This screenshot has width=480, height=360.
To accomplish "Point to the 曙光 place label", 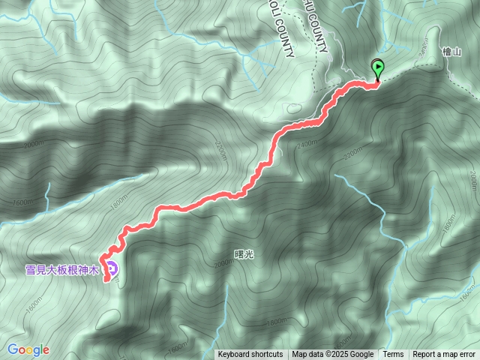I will click(244, 254).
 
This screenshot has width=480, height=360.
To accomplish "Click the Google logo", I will click(28, 349).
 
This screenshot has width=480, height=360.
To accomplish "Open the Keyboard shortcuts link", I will click(250, 355).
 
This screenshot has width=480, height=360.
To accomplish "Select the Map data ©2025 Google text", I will click(333, 355).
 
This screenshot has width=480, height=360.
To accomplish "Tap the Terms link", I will click(393, 355).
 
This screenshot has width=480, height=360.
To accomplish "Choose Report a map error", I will click(444, 355).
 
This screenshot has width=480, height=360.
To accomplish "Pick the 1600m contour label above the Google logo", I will click(25, 203).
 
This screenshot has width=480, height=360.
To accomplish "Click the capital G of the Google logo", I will click(13, 349).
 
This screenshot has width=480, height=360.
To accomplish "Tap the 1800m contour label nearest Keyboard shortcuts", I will click(178, 346).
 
